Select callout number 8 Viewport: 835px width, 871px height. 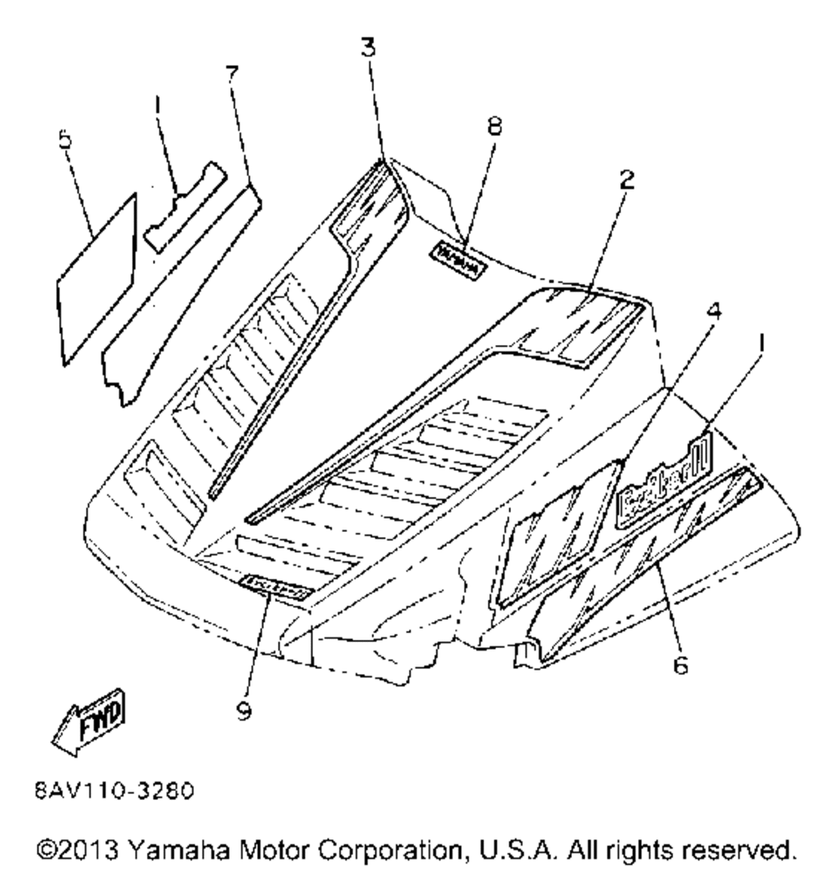(494, 126)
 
